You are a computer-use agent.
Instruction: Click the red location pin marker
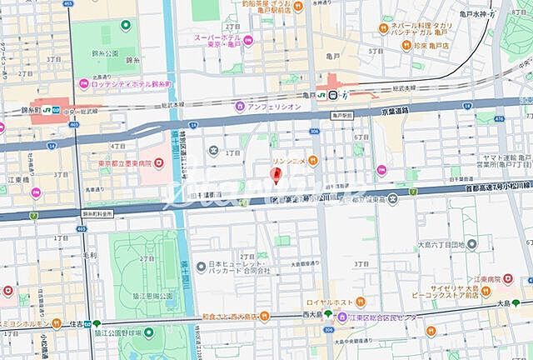point(277,175)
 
